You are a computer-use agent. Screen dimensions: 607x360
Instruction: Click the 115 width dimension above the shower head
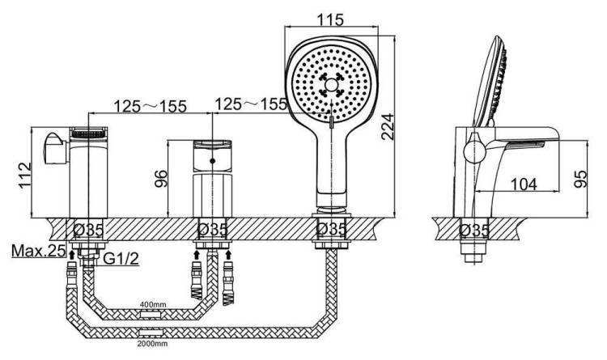[330, 19]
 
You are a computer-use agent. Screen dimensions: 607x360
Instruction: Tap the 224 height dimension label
[387, 126]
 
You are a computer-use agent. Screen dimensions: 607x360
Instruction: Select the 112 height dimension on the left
[25, 175]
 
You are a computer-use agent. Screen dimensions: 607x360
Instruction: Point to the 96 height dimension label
[161, 179]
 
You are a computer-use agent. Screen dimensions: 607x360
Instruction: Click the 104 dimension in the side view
[524, 184]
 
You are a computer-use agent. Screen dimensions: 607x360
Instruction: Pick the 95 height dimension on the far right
[580, 180]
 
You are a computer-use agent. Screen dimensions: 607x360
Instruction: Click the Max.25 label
[38, 251]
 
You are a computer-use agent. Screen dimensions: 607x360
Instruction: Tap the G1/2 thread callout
[121, 258]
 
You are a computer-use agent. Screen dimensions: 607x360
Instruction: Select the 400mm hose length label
[153, 304]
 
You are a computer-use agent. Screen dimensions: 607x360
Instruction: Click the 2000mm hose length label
[152, 343]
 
